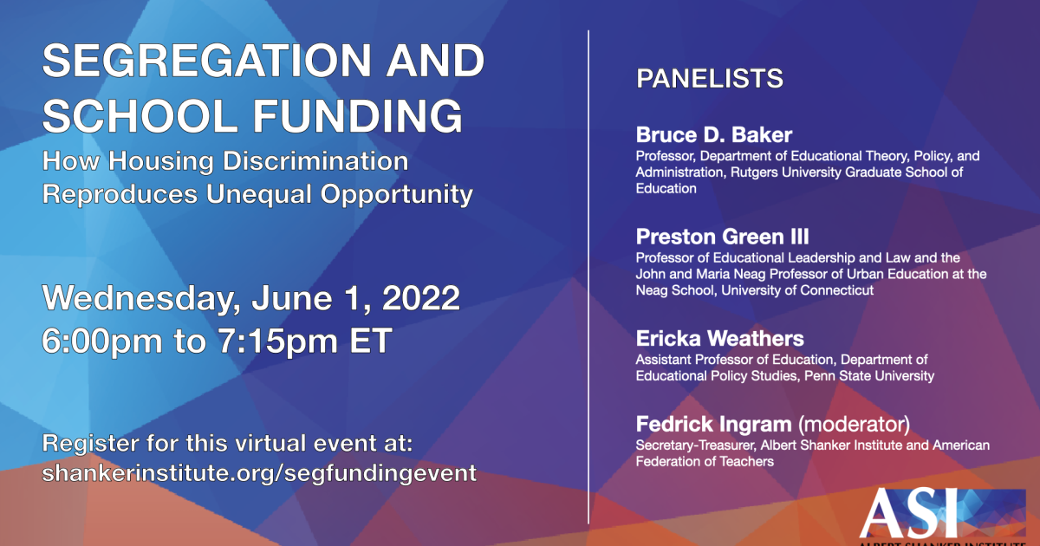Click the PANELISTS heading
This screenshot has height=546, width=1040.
point(710,79)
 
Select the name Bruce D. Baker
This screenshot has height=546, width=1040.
point(714,135)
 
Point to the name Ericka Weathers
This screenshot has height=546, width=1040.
point(720,338)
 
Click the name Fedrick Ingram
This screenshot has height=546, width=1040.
point(713,425)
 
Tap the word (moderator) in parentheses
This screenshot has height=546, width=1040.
point(853,425)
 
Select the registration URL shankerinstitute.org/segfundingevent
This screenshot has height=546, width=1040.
point(259,474)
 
